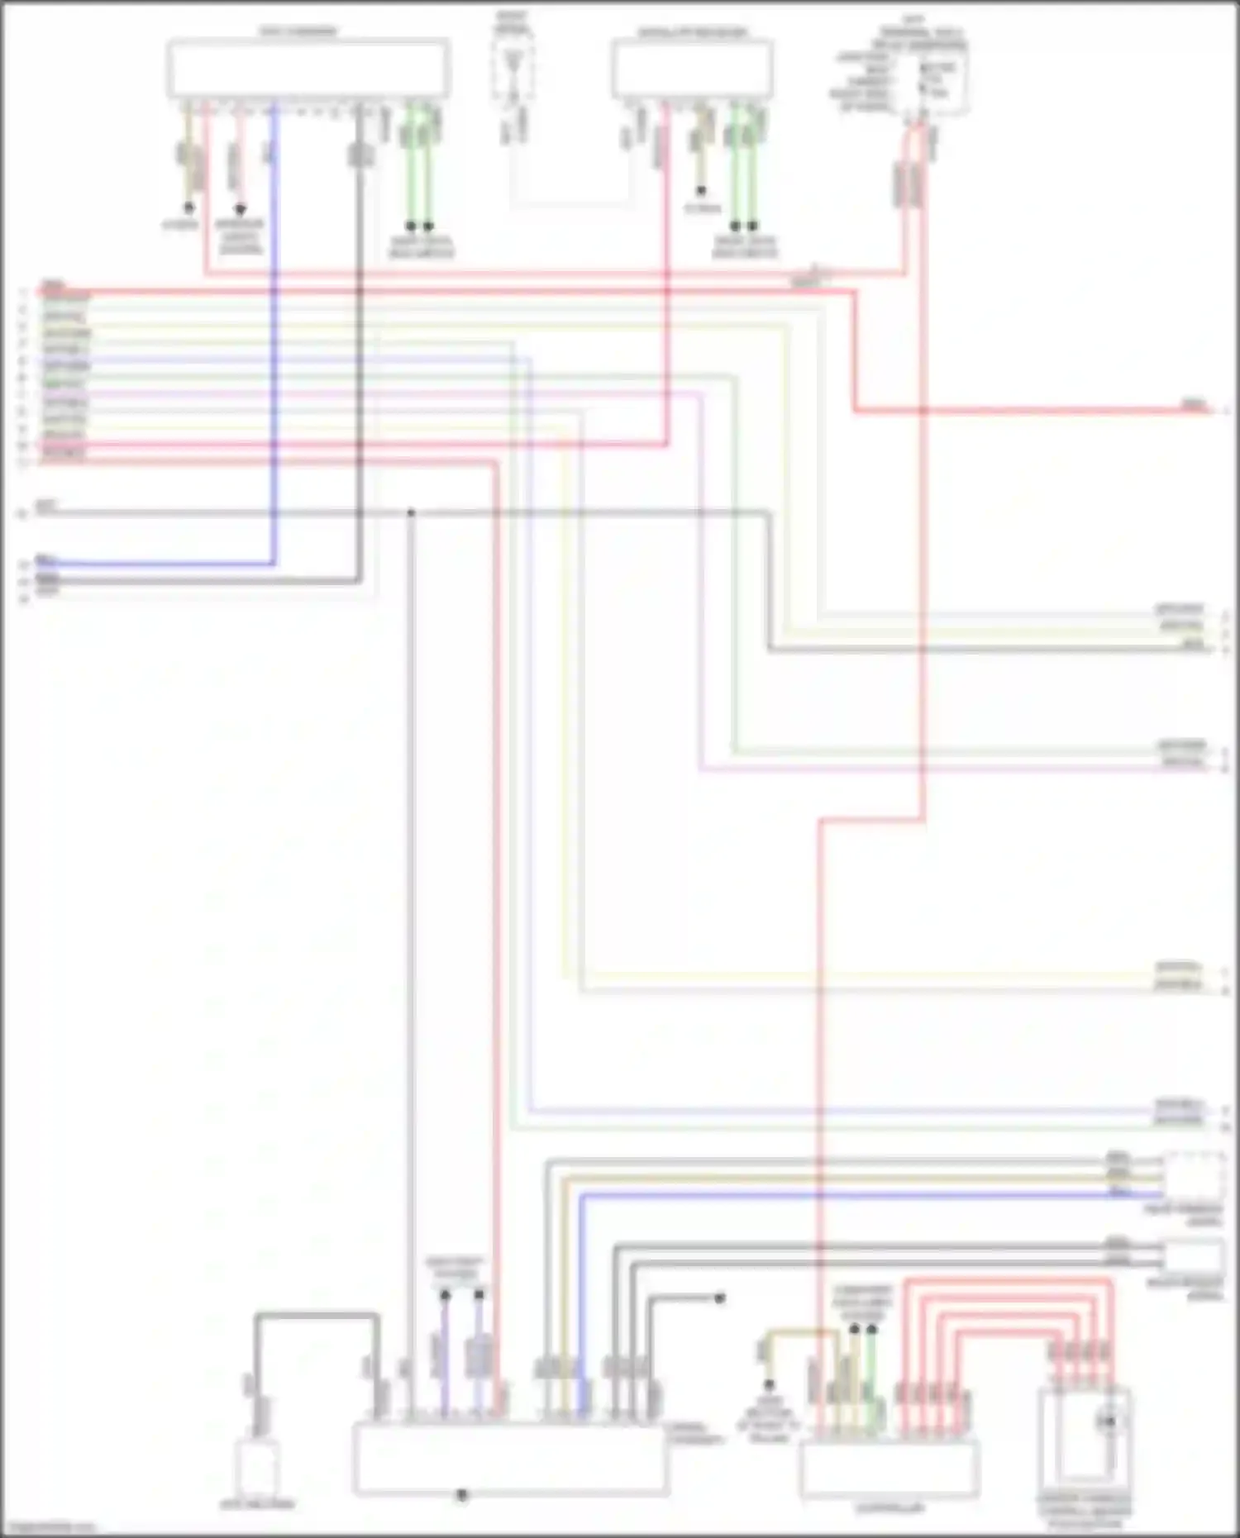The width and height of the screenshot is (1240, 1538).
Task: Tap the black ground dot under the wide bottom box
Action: [x=462, y=1494]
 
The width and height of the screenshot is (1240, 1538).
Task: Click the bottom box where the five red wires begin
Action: [x=889, y=1469]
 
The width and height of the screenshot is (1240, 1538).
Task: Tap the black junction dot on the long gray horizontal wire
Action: [x=411, y=513]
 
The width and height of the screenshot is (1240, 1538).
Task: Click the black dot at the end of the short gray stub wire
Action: [x=719, y=1298]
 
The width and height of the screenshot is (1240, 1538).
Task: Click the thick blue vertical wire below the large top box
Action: [x=274, y=331]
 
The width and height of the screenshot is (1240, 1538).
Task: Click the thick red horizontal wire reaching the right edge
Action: [x=1033, y=411]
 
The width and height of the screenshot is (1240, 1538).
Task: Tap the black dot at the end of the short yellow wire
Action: [x=769, y=1383]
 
